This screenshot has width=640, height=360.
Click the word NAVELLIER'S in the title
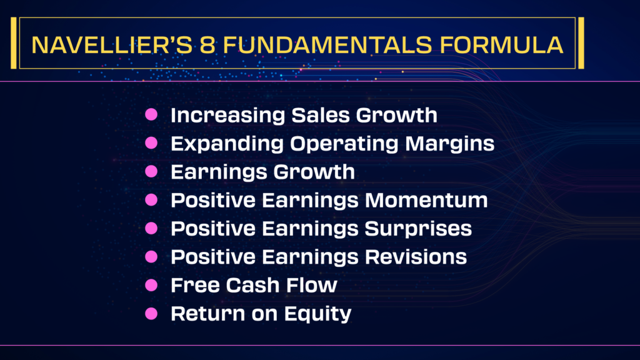point(111,45)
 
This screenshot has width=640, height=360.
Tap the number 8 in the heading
point(207,45)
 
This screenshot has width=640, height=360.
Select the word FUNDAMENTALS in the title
point(327,45)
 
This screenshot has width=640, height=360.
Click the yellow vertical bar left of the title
point(14,43)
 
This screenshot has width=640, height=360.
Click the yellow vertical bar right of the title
point(581,43)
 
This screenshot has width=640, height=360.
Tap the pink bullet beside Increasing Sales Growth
point(151,114)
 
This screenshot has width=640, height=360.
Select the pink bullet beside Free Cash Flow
point(151,285)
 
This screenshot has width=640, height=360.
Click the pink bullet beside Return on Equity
point(151,314)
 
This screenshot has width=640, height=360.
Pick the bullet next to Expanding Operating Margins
point(151,143)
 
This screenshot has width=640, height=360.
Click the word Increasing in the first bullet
point(227,116)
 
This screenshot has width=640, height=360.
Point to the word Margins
point(450,144)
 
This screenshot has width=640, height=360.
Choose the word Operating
point(344,144)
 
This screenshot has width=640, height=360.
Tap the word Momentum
point(426,200)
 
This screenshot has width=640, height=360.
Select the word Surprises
point(418,229)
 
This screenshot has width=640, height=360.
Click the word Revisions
point(416,257)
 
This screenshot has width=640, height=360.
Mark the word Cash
point(252,285)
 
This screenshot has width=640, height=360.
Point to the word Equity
point(317,314)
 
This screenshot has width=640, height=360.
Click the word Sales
point(321,115)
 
